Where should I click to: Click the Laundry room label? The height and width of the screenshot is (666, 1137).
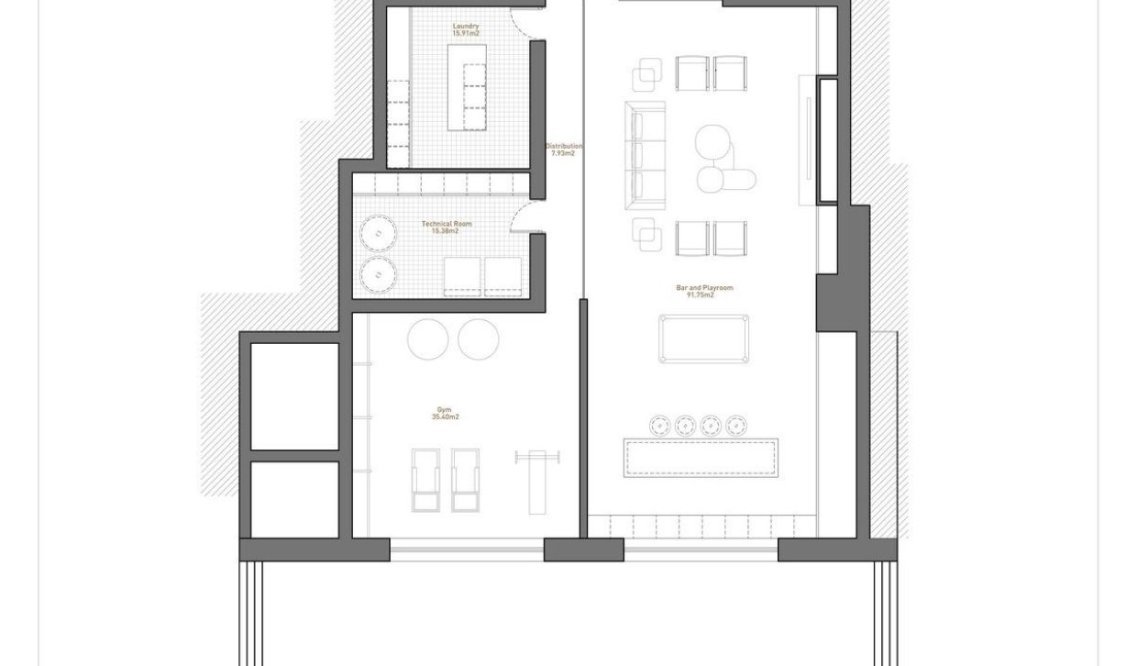click(x=466, y=27)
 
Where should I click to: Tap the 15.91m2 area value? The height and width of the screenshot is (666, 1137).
click(x=466, y=34)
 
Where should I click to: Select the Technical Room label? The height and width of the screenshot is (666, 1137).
click(x=446, y=224)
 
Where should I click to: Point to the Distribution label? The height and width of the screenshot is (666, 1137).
click(x=563, y=147)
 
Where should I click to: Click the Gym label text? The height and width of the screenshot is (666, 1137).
click(x=445, y=410)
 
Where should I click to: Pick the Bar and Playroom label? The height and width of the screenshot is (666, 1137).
click(x=704, y=288)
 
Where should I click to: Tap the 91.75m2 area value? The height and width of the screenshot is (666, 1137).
click(x=704, y=295)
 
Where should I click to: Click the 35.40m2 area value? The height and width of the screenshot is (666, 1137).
click(x=445, y=417)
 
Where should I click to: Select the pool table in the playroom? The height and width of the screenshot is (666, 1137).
click(x=703, y=339)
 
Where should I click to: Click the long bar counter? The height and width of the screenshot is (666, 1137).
click(x=701, y=458)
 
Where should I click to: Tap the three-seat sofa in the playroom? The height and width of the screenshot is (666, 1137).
click(x=646, y=155)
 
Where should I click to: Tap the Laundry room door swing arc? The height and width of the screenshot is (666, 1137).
click(x=524, y=20)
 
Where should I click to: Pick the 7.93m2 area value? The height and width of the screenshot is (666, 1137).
click(x=563, y=154)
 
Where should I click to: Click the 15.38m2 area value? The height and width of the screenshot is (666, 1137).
click(x=446, y=231)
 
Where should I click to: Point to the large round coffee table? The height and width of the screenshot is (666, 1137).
click(x=712, y=143)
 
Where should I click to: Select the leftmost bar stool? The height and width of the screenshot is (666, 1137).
click(x=659, y=425)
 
